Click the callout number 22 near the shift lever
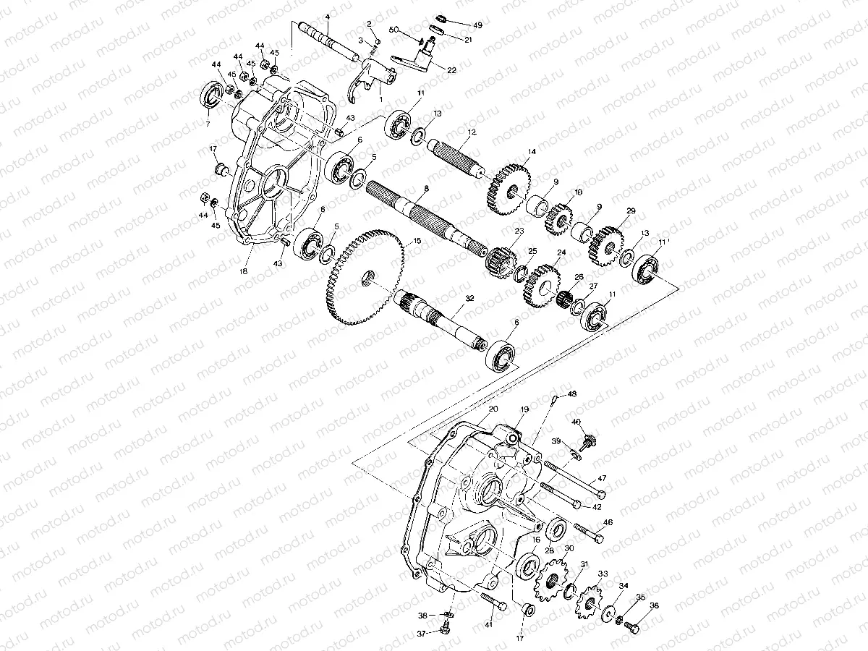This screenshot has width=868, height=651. click(x=452, y=70)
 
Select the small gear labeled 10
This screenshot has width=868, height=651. click(x=558, y=216)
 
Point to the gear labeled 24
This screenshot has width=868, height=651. click(x=540, y=285)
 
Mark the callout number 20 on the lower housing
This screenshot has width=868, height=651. click(x=493, y=409)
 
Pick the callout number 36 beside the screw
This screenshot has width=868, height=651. click(x=654, y=607)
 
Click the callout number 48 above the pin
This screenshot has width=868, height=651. click(x=572, y=394)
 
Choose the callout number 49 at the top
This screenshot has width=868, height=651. click(x=478, y=25)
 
